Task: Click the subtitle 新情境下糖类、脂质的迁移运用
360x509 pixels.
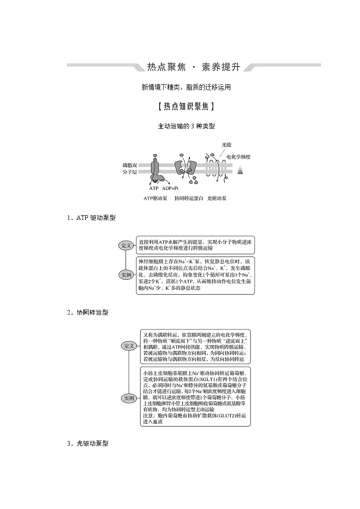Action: [186, 87]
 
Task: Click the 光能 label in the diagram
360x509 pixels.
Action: [226, 145]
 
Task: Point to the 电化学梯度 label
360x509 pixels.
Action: [238, 156]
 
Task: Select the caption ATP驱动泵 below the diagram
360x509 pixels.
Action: [156, 198]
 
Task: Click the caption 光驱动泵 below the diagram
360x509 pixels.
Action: [217, 198]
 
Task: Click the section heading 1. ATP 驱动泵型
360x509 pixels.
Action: [91, 218]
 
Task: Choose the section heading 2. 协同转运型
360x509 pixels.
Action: [87, 312]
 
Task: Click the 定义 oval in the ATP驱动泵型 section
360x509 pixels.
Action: [126, 246]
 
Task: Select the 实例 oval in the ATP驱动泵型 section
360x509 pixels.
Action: [126, 275]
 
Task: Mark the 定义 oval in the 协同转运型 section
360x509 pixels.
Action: [129, 346]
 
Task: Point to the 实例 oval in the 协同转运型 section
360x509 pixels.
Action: [129, 398]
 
